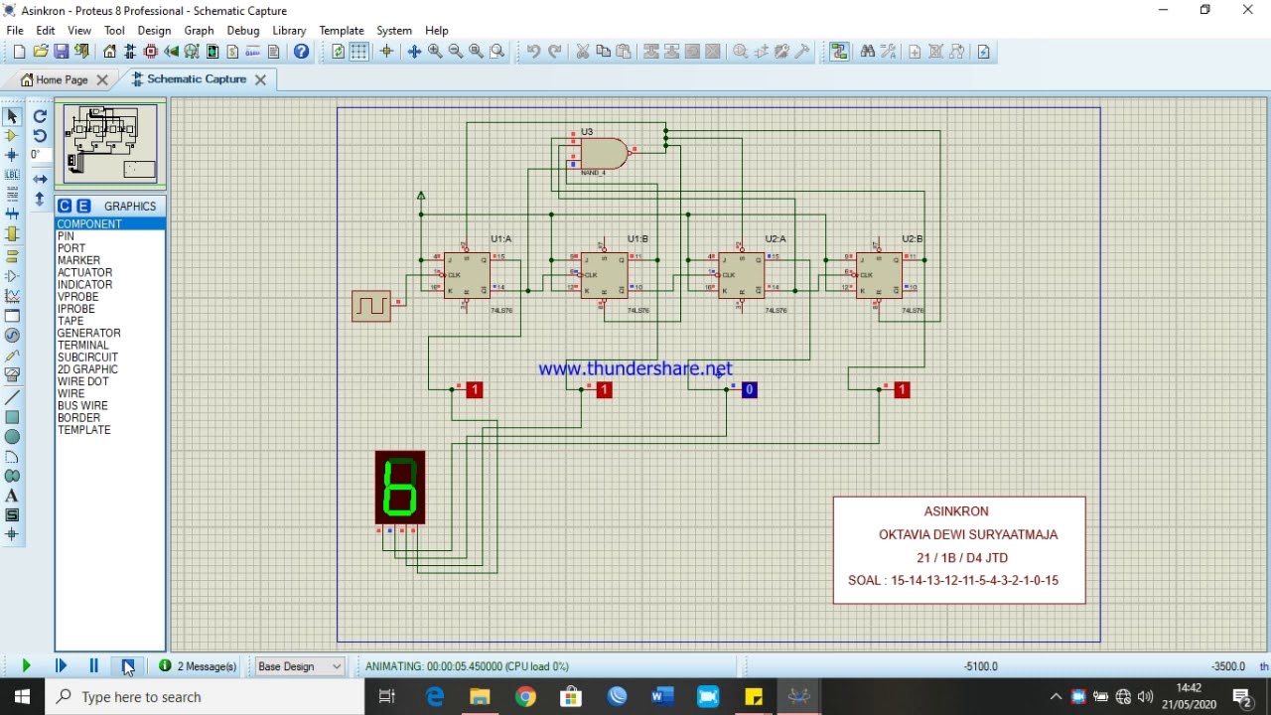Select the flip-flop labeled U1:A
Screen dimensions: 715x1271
coord(467,275)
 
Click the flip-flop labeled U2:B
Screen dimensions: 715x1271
coord(879,275)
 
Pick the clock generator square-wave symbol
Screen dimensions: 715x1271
coord(371,305)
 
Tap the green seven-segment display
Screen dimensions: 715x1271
coord(400,488)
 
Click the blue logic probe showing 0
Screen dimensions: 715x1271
coord(749,390)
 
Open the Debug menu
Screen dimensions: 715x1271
coord(242,31)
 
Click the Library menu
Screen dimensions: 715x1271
coord(289,31)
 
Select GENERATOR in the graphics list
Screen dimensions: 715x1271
coord(89,334)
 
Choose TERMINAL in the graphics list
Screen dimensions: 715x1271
coord(83,346)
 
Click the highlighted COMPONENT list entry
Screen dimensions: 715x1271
coord(90,224)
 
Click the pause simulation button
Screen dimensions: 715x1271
coord(93,666)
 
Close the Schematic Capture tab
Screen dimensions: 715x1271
coord(260,79)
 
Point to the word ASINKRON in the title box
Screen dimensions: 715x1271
coord(956,511)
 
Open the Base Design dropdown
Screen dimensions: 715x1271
coord(299,666)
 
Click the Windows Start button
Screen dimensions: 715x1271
coord(22,697)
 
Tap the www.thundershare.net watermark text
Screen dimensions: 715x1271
coord(635,368)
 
